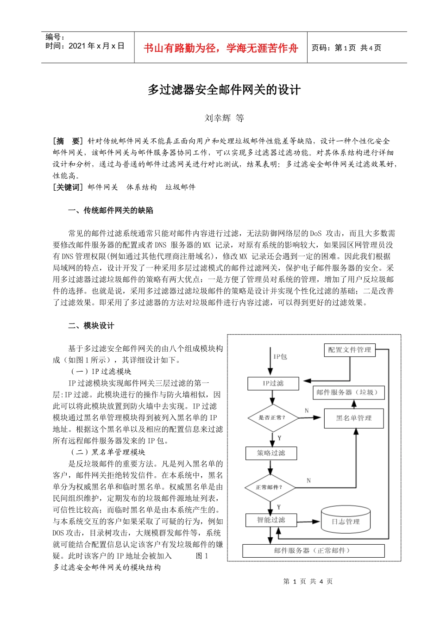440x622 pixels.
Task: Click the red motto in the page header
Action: click(x=221, y=48)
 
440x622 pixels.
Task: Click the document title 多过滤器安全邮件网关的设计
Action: click(x=224, y=90)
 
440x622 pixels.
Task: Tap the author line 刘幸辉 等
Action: click(x=224, y=118)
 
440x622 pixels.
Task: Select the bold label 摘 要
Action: click(x=68, y=141)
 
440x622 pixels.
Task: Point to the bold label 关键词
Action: click(x=68, y=187)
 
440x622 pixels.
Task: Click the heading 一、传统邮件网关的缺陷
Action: click(x=110, y=210)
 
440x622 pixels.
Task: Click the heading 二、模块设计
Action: click(x=91, y=326)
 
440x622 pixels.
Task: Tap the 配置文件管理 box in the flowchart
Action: click(x=349, y=350)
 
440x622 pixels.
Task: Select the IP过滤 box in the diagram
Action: click(x=273, y=383)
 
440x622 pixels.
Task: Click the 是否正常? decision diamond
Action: click(x=272, y=417)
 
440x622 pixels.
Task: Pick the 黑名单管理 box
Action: click(x=354, y=418)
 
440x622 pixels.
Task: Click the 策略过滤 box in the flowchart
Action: click(x=271, y=453)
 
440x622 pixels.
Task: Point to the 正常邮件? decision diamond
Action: click(x=269, y=487)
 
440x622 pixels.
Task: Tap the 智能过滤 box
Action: click(x=271, y=520)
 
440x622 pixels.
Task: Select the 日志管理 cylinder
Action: click(x=346, y=521)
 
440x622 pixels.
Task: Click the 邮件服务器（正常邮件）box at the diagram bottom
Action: click(x=313, y=551)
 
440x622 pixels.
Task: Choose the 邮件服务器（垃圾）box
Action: click(x=350, y=392)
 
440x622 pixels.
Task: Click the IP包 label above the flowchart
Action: click(x=280, y=356)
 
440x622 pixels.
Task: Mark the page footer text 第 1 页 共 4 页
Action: click(x=308, y=581)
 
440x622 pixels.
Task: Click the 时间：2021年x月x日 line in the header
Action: click(x=85, y=46)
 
